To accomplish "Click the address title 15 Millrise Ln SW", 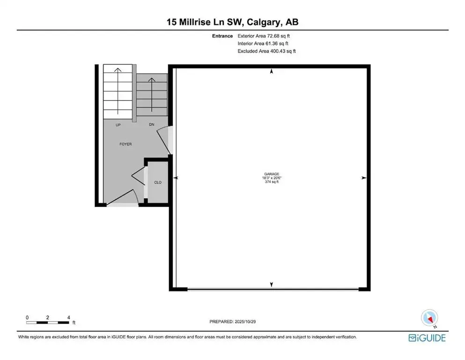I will (x=232, y=22).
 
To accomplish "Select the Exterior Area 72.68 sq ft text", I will (x=267, y=36).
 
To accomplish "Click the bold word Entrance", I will (x=223, y=36).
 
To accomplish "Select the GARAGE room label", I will (x=271, y=173).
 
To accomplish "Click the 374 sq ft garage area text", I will (x=271, y=182).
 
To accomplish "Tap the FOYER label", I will (x=125, y=144).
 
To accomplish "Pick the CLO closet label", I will (x=158, y=182).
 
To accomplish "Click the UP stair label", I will (x=118, y=125).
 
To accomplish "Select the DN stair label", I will (x=151, y=125).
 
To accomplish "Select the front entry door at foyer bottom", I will (x=123, y=202).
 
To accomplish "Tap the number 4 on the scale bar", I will (x=69, y=317).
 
